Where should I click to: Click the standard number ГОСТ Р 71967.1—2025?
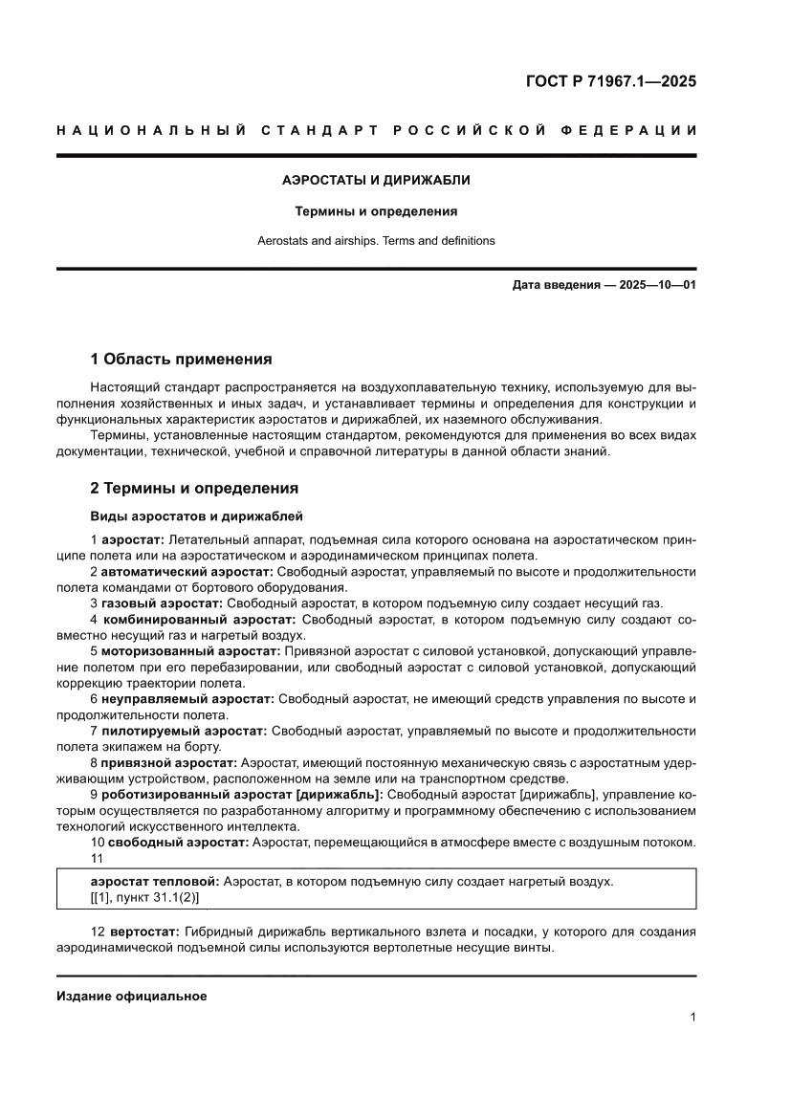pyautogui.click(x=610, y=81)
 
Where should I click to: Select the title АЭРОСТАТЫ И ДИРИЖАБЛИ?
pyautogui.click(x=376, y=180)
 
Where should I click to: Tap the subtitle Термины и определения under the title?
pyautogui.click(x=376, y=211)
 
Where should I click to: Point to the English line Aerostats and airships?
pyautogui.click(x=376, y=241)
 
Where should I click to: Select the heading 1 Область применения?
pyautogui.click(x=181, y=360)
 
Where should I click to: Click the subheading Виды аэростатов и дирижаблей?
pyautogui.click(x=196, y=516)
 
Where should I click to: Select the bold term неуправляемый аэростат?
pyautogui.click(x=187, y=699)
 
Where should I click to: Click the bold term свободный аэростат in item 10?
pyautogui.click(x=177, y=842)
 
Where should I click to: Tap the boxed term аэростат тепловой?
pyautogui.click(x=153, y=882)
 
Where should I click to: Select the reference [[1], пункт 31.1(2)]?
pyautogui.click(x=144, y=898)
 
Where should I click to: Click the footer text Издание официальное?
pyautogui.click(x=132, y=997)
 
